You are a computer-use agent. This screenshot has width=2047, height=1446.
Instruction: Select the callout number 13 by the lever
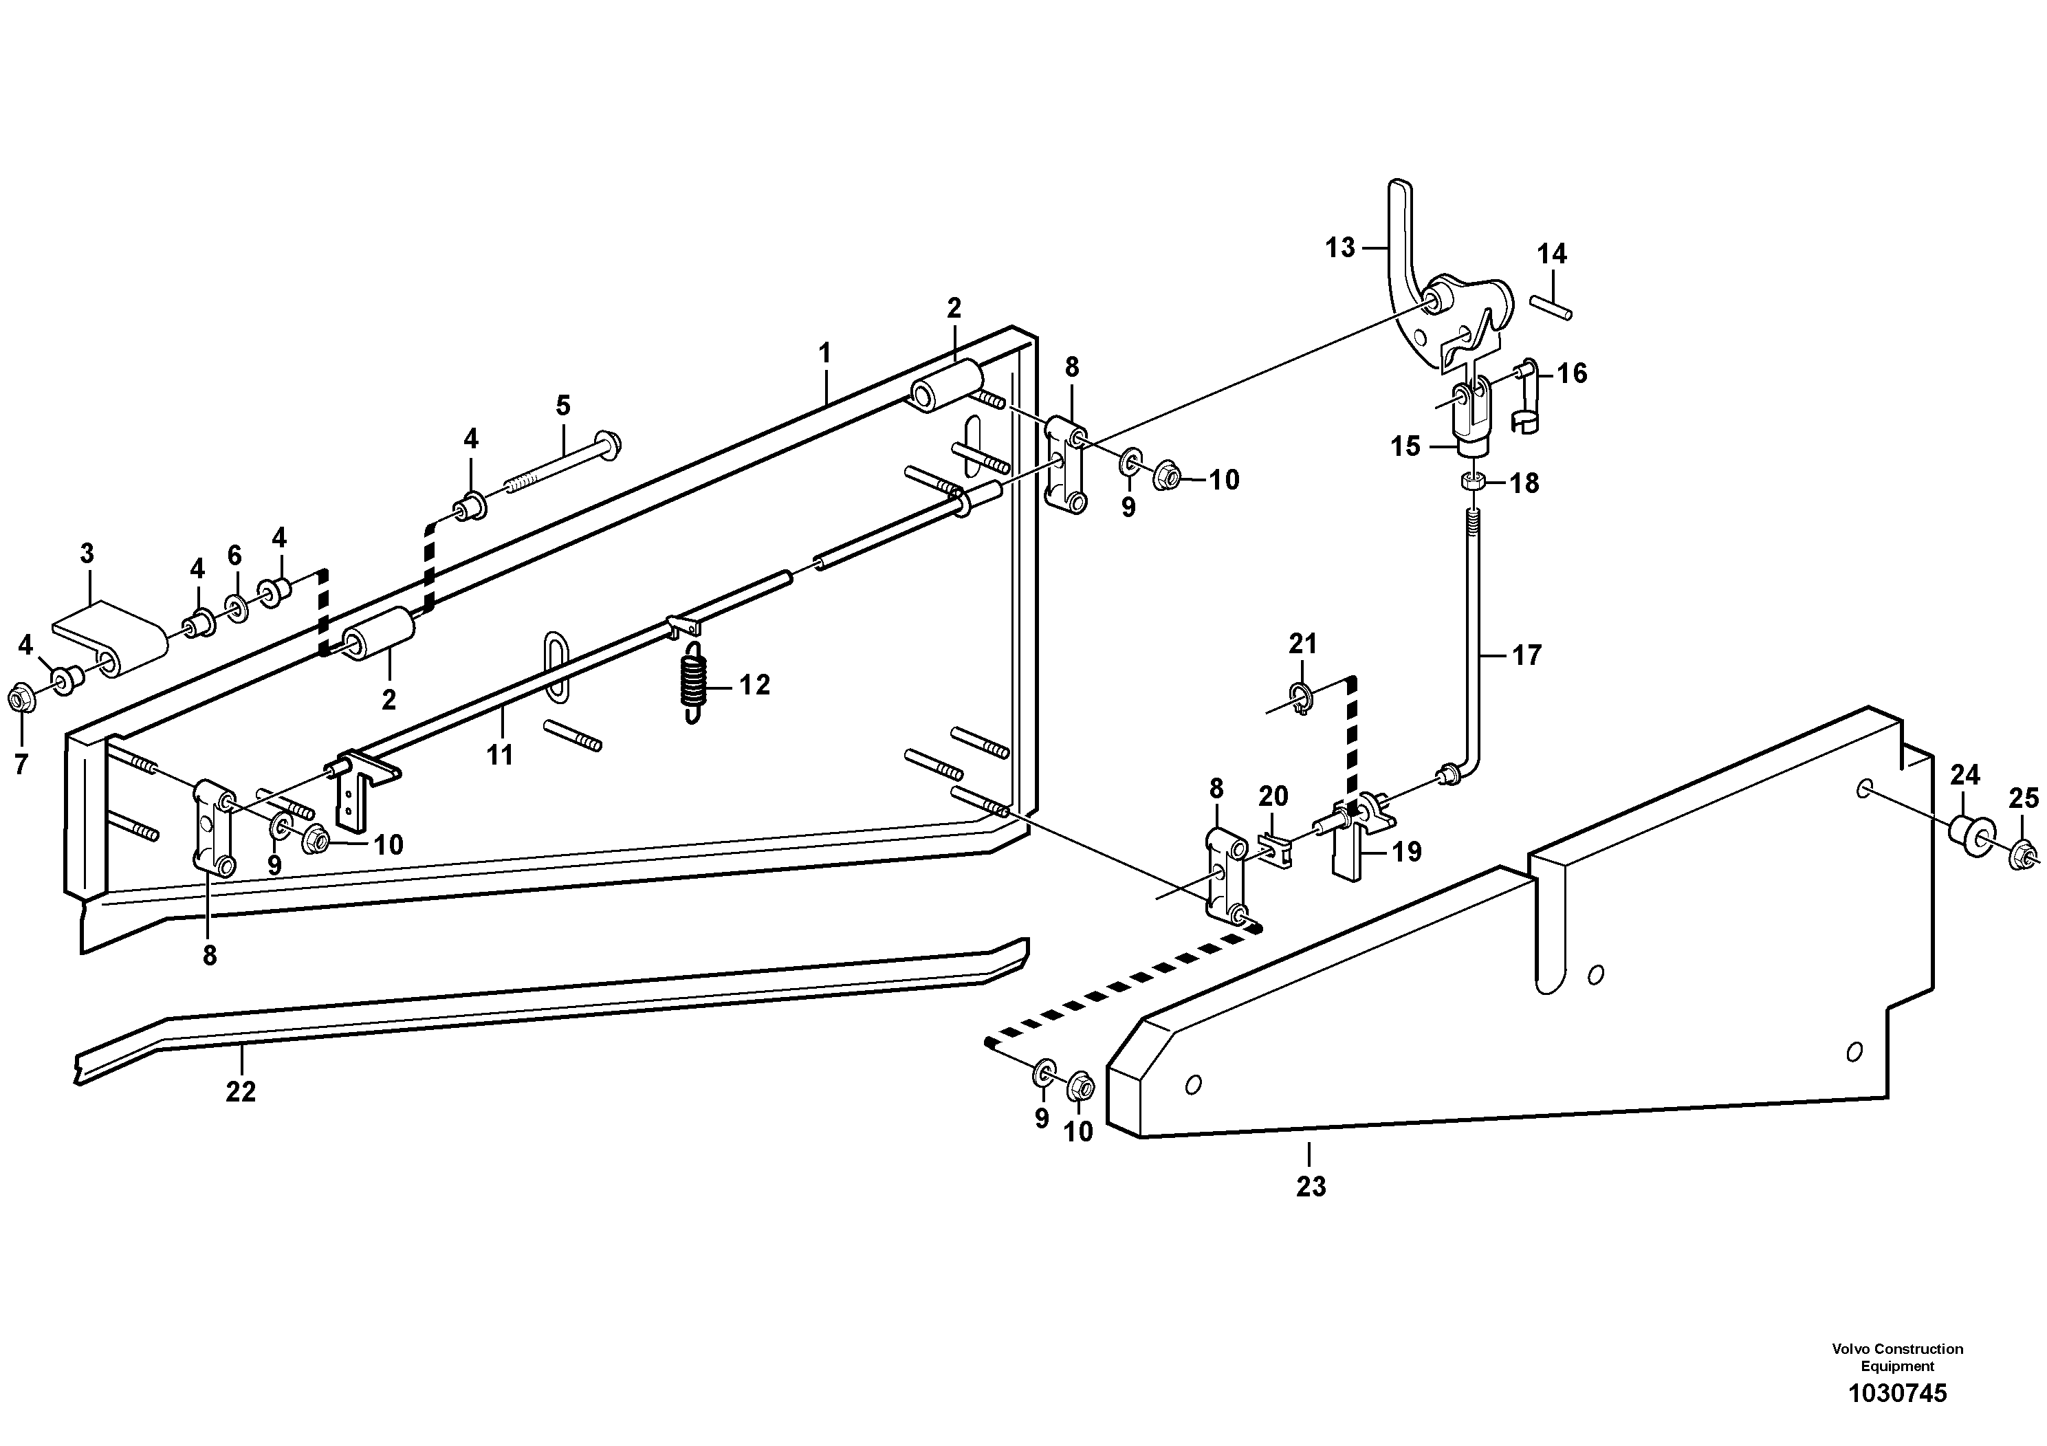coord(1339,248)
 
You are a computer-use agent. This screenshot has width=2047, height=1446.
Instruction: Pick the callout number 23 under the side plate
coord(1311,1187)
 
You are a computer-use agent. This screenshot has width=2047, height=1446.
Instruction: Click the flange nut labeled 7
coord(20,700)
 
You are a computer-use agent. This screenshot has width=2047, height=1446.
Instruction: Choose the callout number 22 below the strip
coord(241,1091)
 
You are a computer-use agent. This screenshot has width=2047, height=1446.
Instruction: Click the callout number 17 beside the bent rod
coord(1526,656)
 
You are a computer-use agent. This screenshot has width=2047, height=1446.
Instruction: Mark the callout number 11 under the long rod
coord(499,755)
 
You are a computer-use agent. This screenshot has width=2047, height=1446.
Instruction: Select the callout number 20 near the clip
coord(1273,796)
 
